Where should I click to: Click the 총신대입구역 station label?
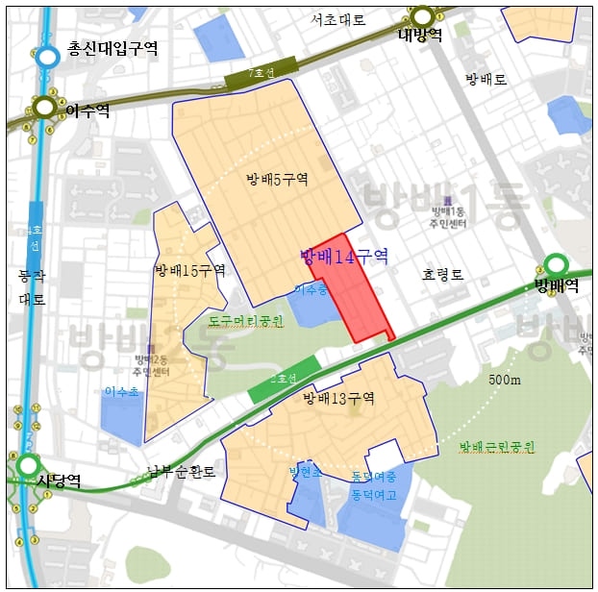(x=112, y=49)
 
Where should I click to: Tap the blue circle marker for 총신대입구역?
(x=47, y=57)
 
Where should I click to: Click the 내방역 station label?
(x=420, y=35)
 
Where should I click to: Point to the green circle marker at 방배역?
(x=556, y=264)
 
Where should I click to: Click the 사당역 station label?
(x=59, y=480)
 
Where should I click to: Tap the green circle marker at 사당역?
(x=28, y=467)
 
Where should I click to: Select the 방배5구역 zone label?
(x=277, y=179)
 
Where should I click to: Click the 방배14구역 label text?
(x=343, y=256)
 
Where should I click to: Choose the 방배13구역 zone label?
(x=338, y=398)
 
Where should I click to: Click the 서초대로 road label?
(x=337, y=19)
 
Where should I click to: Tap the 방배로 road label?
(x=486, y=79)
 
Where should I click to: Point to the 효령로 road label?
(x=442, y=275)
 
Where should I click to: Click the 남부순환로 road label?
(x=182, y=473)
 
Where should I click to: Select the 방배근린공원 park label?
(x=496, y=447)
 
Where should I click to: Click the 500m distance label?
(x=504, y=380)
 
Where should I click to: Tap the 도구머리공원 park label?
(x=246, y=320)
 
